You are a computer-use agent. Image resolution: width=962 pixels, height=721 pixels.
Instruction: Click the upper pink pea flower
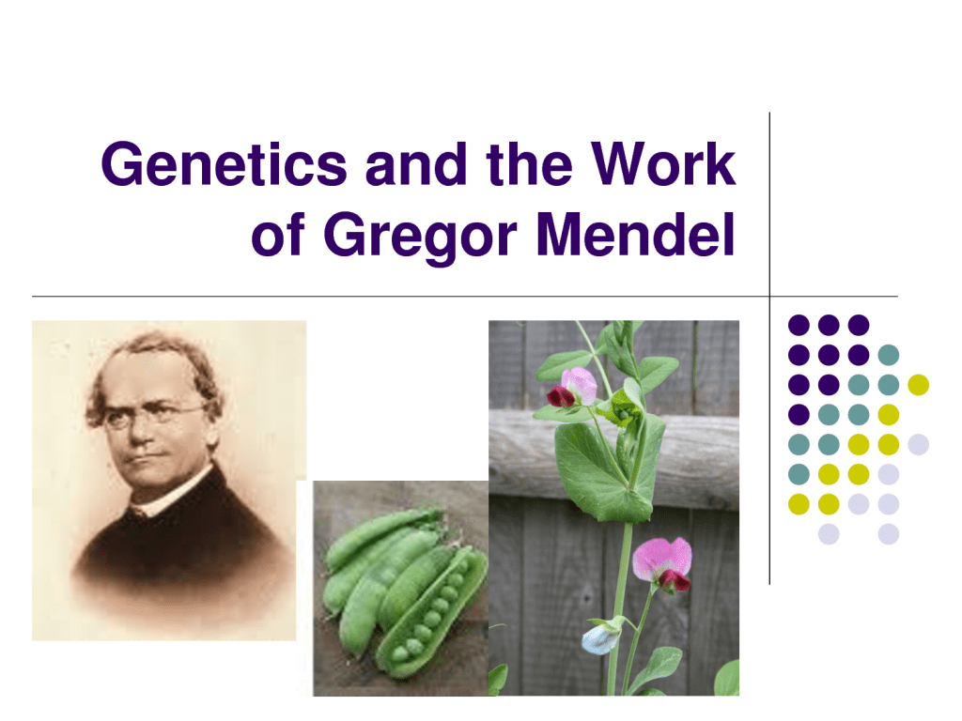(x=576, y=386)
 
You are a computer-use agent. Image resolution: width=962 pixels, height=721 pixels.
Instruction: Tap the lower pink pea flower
(x=662, y=562)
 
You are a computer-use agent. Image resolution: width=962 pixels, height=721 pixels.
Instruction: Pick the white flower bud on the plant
(x=599, y=637)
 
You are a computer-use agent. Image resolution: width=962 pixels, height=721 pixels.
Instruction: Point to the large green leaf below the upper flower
(x=601, y=469)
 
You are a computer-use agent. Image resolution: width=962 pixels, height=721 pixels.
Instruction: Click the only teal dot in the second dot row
(x=888, y=355)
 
